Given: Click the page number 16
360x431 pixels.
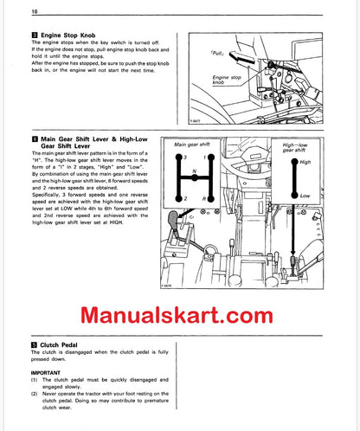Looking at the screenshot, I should click(x=11, y=11).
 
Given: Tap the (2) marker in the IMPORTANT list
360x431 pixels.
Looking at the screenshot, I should click(x=13, y=394).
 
